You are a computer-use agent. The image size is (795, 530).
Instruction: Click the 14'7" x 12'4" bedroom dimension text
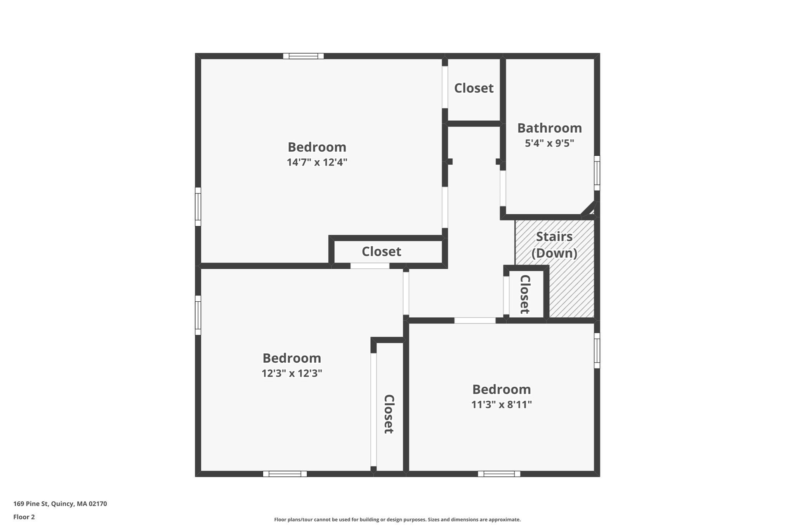point(317,162)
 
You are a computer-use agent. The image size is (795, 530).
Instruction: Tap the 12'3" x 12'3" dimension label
point(292,373)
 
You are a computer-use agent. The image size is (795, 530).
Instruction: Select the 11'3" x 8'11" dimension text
point(501,405)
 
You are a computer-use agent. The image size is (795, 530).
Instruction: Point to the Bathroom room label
point(549,128)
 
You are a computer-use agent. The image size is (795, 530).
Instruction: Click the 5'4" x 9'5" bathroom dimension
point(549,143)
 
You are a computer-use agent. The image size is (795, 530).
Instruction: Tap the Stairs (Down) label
point(554,245)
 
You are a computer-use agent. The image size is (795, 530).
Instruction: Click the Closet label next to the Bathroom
point(474,88)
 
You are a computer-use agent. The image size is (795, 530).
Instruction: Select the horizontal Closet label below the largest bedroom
point(381,252)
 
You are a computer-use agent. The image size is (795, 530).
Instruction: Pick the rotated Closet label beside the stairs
point(525,294)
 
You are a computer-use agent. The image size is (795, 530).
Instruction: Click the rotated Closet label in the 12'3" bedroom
point(389,414)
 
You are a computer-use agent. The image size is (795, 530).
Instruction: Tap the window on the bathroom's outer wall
point(597,173)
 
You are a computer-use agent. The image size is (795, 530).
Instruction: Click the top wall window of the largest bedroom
point(303,56)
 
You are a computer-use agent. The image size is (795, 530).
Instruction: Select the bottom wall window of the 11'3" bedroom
point(499,474)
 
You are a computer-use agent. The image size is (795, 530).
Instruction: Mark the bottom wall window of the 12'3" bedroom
point(285,474)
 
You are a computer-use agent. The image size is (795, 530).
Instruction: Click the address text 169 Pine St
point(60,504)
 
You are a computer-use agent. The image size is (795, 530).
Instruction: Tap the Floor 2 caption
point(24,517)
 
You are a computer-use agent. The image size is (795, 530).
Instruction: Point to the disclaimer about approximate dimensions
point(397,520)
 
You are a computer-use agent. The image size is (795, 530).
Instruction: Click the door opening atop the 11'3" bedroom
point(475,320)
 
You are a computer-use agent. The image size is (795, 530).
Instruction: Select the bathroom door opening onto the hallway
point(503,188)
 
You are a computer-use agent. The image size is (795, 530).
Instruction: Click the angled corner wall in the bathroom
point(588,208)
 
